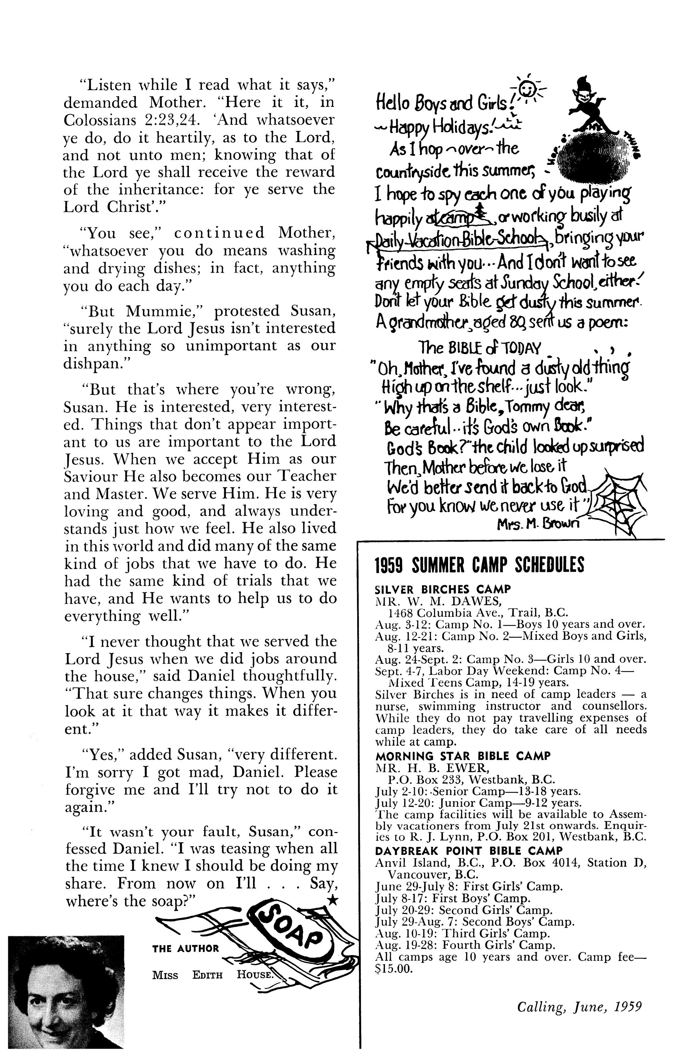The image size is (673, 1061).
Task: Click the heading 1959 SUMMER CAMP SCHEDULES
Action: click(x=479, y=565)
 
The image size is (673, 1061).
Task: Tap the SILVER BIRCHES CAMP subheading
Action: click(x=443, y=589)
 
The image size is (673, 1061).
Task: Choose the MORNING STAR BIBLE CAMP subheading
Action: click(x=462, y=756)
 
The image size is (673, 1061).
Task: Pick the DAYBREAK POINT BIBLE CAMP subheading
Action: click(x=469, y=851)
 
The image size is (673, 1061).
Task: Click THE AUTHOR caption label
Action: click(x=185, y=948)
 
